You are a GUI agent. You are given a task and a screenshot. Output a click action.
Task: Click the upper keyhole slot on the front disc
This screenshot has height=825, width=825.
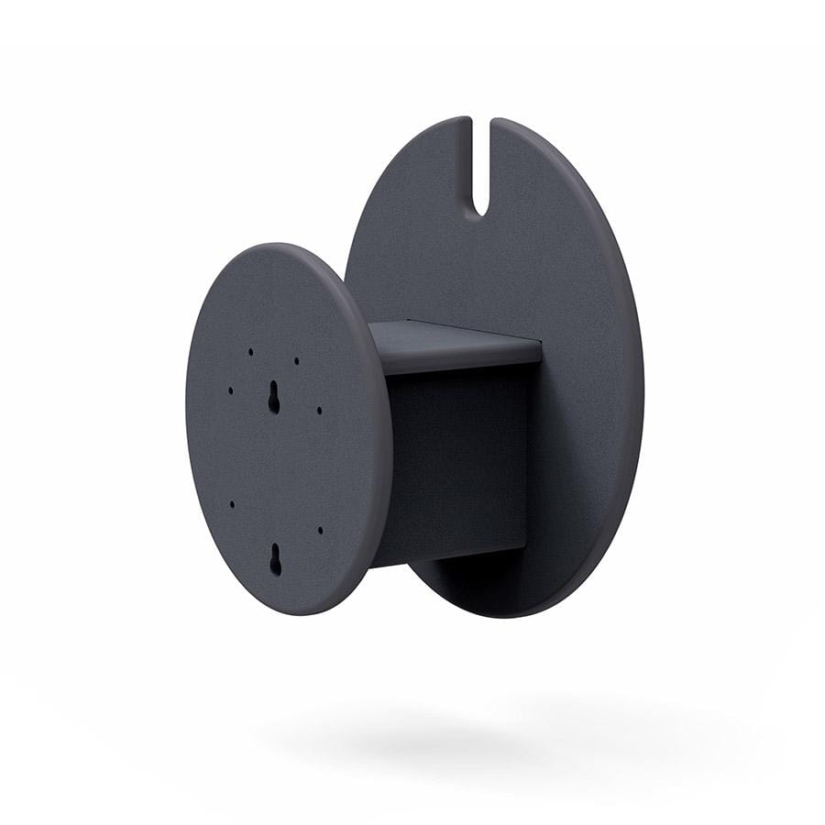tap(273, 396)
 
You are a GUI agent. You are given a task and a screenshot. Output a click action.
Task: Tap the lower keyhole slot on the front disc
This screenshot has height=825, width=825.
tap(275, 559)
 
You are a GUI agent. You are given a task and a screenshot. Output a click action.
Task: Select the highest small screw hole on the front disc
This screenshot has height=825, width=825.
tap(250, 350)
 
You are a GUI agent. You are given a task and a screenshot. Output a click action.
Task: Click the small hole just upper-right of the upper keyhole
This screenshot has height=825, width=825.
tap(296, 360)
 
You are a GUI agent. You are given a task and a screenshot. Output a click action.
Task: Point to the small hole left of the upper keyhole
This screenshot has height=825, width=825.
tap(230, 390)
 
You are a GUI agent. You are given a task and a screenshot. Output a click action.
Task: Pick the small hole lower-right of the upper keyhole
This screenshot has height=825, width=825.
tap(319, 410)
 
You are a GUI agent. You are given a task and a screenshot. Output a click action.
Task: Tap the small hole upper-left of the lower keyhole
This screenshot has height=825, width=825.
tap(232, 504)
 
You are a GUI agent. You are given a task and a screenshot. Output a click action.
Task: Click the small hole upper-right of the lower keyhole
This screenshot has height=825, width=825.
tap(320, 529)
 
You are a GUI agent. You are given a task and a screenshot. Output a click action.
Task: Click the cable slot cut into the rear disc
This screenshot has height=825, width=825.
tap(481, 165)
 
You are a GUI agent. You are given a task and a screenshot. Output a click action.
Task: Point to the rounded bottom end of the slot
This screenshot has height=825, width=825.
tap(481, 211)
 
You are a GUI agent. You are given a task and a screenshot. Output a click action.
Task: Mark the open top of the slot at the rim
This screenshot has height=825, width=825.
tap(481, 121)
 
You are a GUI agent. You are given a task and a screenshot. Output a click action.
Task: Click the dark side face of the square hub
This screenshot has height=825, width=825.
tap(458, 458)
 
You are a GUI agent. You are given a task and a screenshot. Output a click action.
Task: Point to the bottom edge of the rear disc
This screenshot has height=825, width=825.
tap(513, 612)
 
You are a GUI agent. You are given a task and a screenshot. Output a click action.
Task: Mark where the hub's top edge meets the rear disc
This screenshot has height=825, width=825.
tap(541, 346)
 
